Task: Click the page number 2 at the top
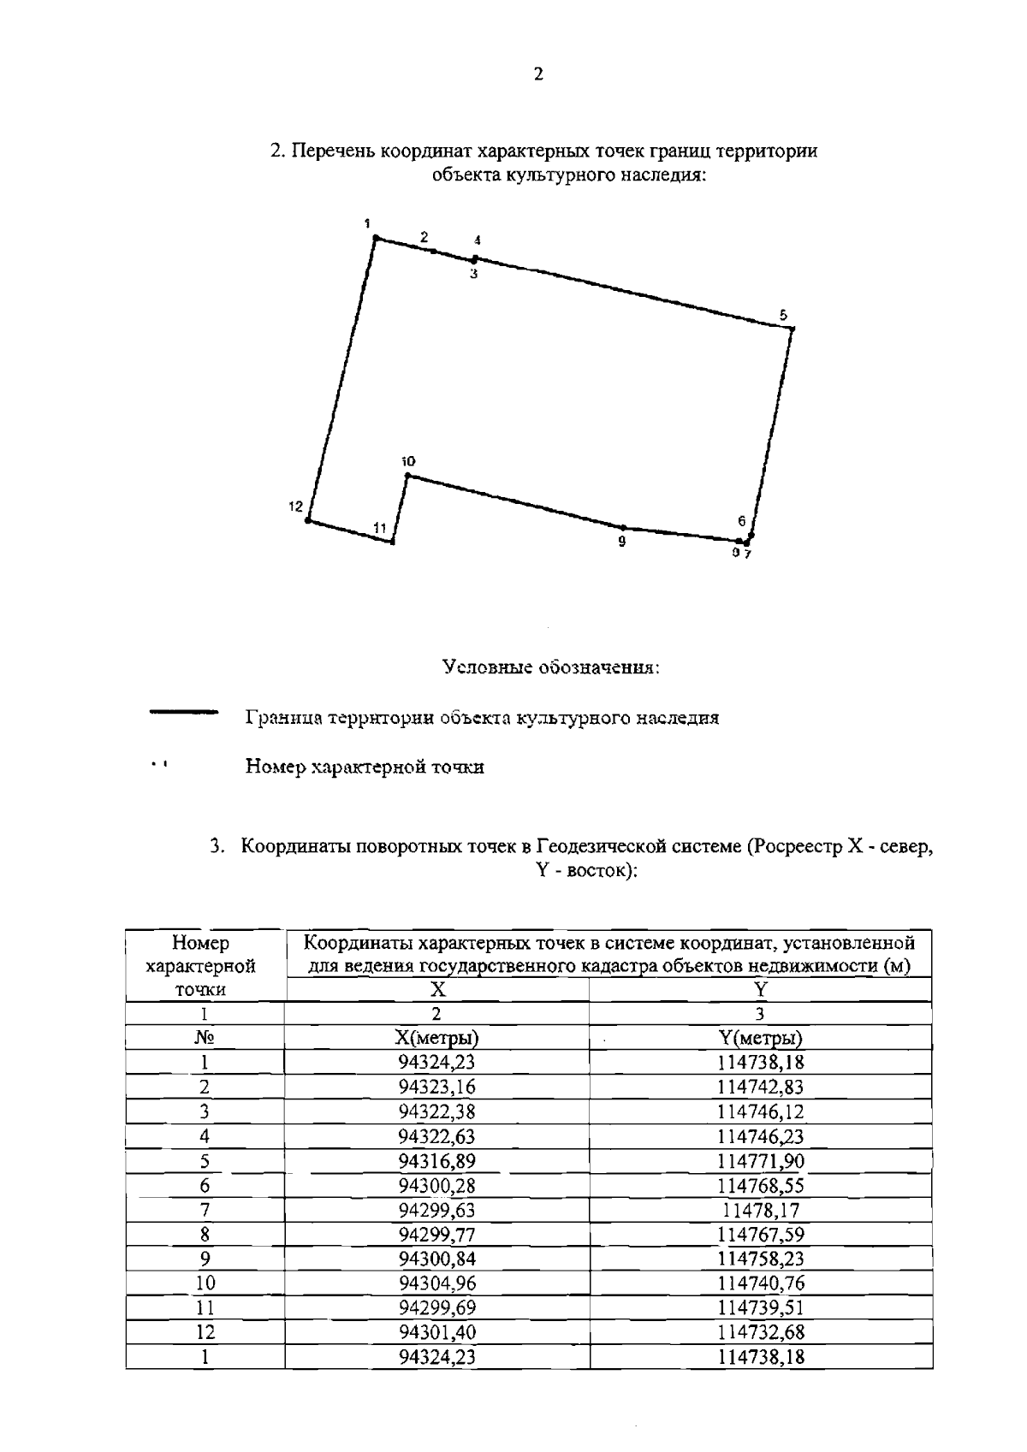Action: pos(537,74)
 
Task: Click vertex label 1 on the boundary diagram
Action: pos(366,223)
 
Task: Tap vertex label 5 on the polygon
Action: pos(782,315)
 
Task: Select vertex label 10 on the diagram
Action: pos(408,461)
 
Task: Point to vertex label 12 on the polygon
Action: pos(295,507)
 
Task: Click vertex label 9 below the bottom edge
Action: pos(622,542)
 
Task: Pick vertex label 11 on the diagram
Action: pos(380,528)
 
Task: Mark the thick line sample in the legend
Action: pos(183,712)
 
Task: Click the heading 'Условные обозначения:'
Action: pos(551,667)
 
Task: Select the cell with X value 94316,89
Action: pos(436,1161)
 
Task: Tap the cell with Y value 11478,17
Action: pos(760,1210)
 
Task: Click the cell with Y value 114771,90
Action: pos(760,1161)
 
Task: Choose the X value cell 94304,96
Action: pos(436,1283)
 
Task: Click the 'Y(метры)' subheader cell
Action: pos(760,1039)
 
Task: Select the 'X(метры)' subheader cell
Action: pos(436,1039)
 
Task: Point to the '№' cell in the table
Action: pos(205,1039)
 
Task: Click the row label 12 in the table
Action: pos(205,1332)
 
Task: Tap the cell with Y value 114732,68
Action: pos(760,1332)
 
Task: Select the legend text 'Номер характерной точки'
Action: pos(365,767)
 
